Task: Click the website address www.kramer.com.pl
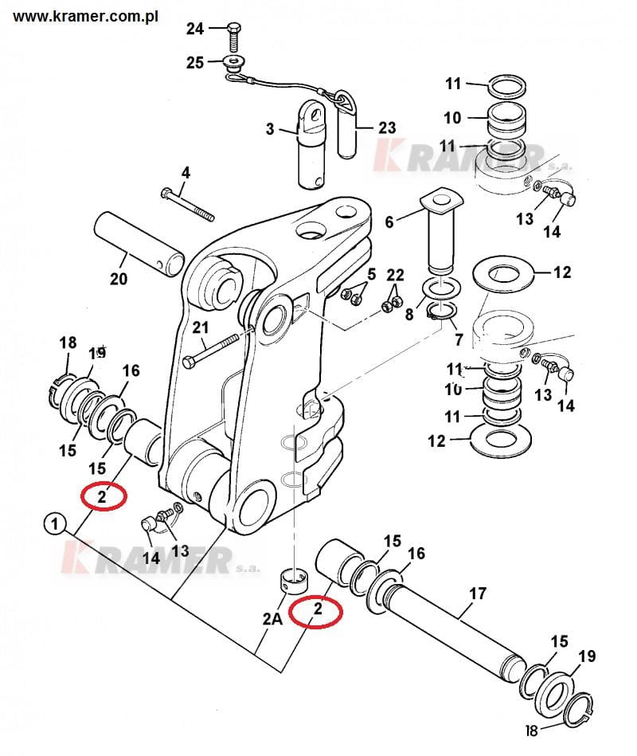pos(85,17)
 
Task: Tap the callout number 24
pos(195,29)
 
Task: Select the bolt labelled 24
pos(233,37)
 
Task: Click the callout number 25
pos(195,62)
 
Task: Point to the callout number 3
pos(270,129)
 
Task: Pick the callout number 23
pos(387,127)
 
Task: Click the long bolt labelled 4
pos(187,206)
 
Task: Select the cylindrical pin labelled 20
pos(139,244)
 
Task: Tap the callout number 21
pos(201,327)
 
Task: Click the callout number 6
pos(389,221)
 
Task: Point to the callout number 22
pos(395,275)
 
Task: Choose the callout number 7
pos(459,339)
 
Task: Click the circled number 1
pos(55,523)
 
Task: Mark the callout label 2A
pos(273,618)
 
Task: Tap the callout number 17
pos(478,593)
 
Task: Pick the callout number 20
pos(119,279)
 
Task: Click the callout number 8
pos(409,315)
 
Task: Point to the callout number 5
pos(372,275)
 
